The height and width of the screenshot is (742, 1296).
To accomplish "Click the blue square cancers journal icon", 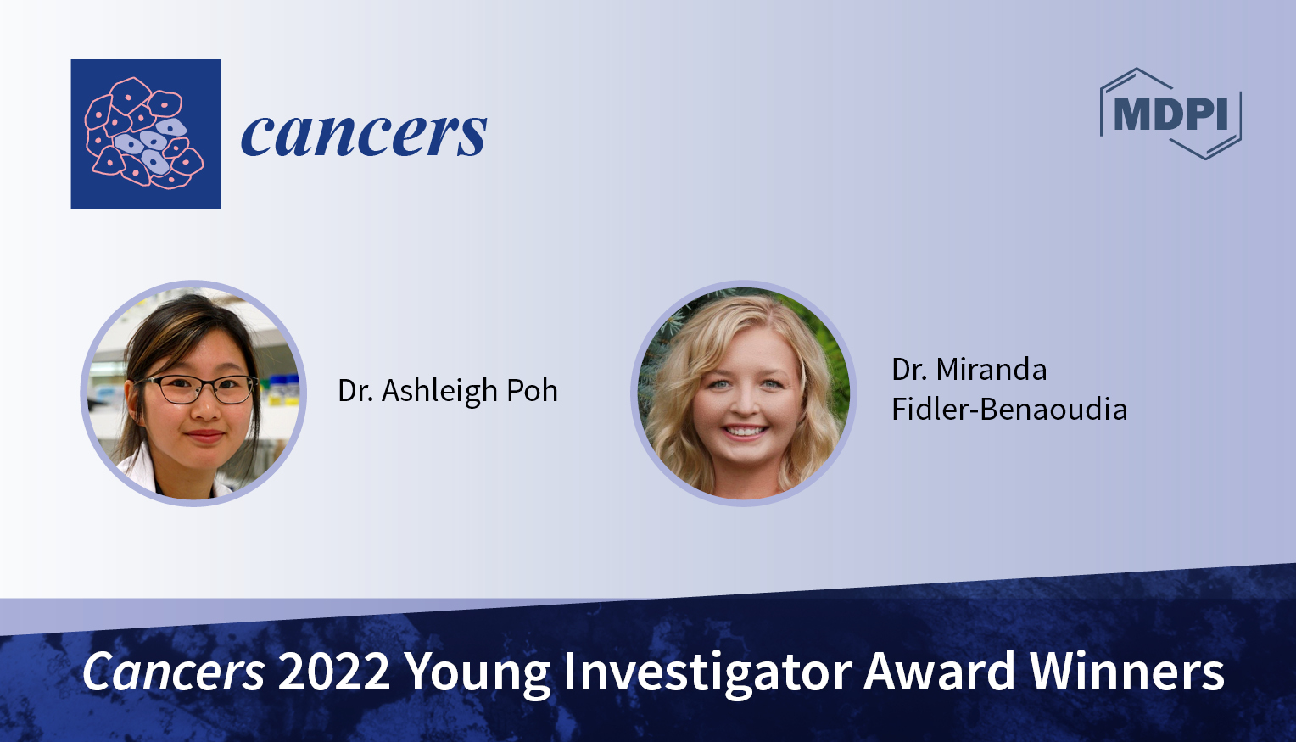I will point(146,134).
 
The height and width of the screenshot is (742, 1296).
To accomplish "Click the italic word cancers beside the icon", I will point(364,134).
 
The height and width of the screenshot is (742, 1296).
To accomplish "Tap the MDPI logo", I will point(1170,114).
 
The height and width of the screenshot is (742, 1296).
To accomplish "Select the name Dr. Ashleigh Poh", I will point(448,391).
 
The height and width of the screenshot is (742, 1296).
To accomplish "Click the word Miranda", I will point(992,370).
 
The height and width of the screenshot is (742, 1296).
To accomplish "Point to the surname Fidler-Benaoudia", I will point(1009,410).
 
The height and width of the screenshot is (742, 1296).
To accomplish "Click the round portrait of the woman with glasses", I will point(193,393).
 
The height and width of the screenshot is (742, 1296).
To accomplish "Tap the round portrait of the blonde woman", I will point(743,393).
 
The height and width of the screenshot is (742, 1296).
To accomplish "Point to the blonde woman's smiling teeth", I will point(746,432).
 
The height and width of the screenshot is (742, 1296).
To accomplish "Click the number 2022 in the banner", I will point(333,672).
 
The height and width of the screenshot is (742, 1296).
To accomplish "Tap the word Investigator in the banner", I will point(707,673).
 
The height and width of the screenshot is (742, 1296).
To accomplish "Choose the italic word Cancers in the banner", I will point(174,672).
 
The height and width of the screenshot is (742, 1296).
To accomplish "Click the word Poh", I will point(533,391).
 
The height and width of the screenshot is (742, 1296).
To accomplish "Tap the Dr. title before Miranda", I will point(908,370).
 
